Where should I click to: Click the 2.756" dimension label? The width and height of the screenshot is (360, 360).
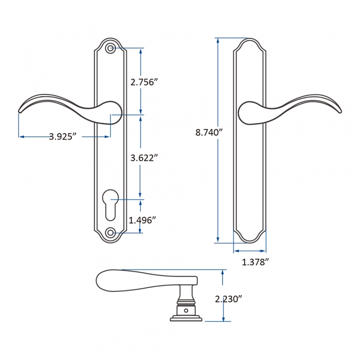pyautogui.click(x=141, y=82)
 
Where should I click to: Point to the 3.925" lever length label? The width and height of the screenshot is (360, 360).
pyautogui.click(x=63, y=136)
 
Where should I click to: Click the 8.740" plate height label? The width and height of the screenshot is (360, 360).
pyautogui.click(x=209, y=132)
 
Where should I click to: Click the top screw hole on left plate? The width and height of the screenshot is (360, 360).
pyautogui.click(x=111, y=49)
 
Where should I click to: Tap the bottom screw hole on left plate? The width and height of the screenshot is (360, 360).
pyautogui.click(x=110, y=233)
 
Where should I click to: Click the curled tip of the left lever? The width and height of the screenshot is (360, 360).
pyautogui.click(x=21, y=109)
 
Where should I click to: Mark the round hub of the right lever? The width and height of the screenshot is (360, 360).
pyautogui.click(x=249, y=112)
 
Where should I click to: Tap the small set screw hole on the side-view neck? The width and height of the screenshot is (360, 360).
pyautogui.click(x=186, y=310)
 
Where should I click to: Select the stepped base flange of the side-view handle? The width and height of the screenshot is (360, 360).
pyautogui.click(x=186, y=318)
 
